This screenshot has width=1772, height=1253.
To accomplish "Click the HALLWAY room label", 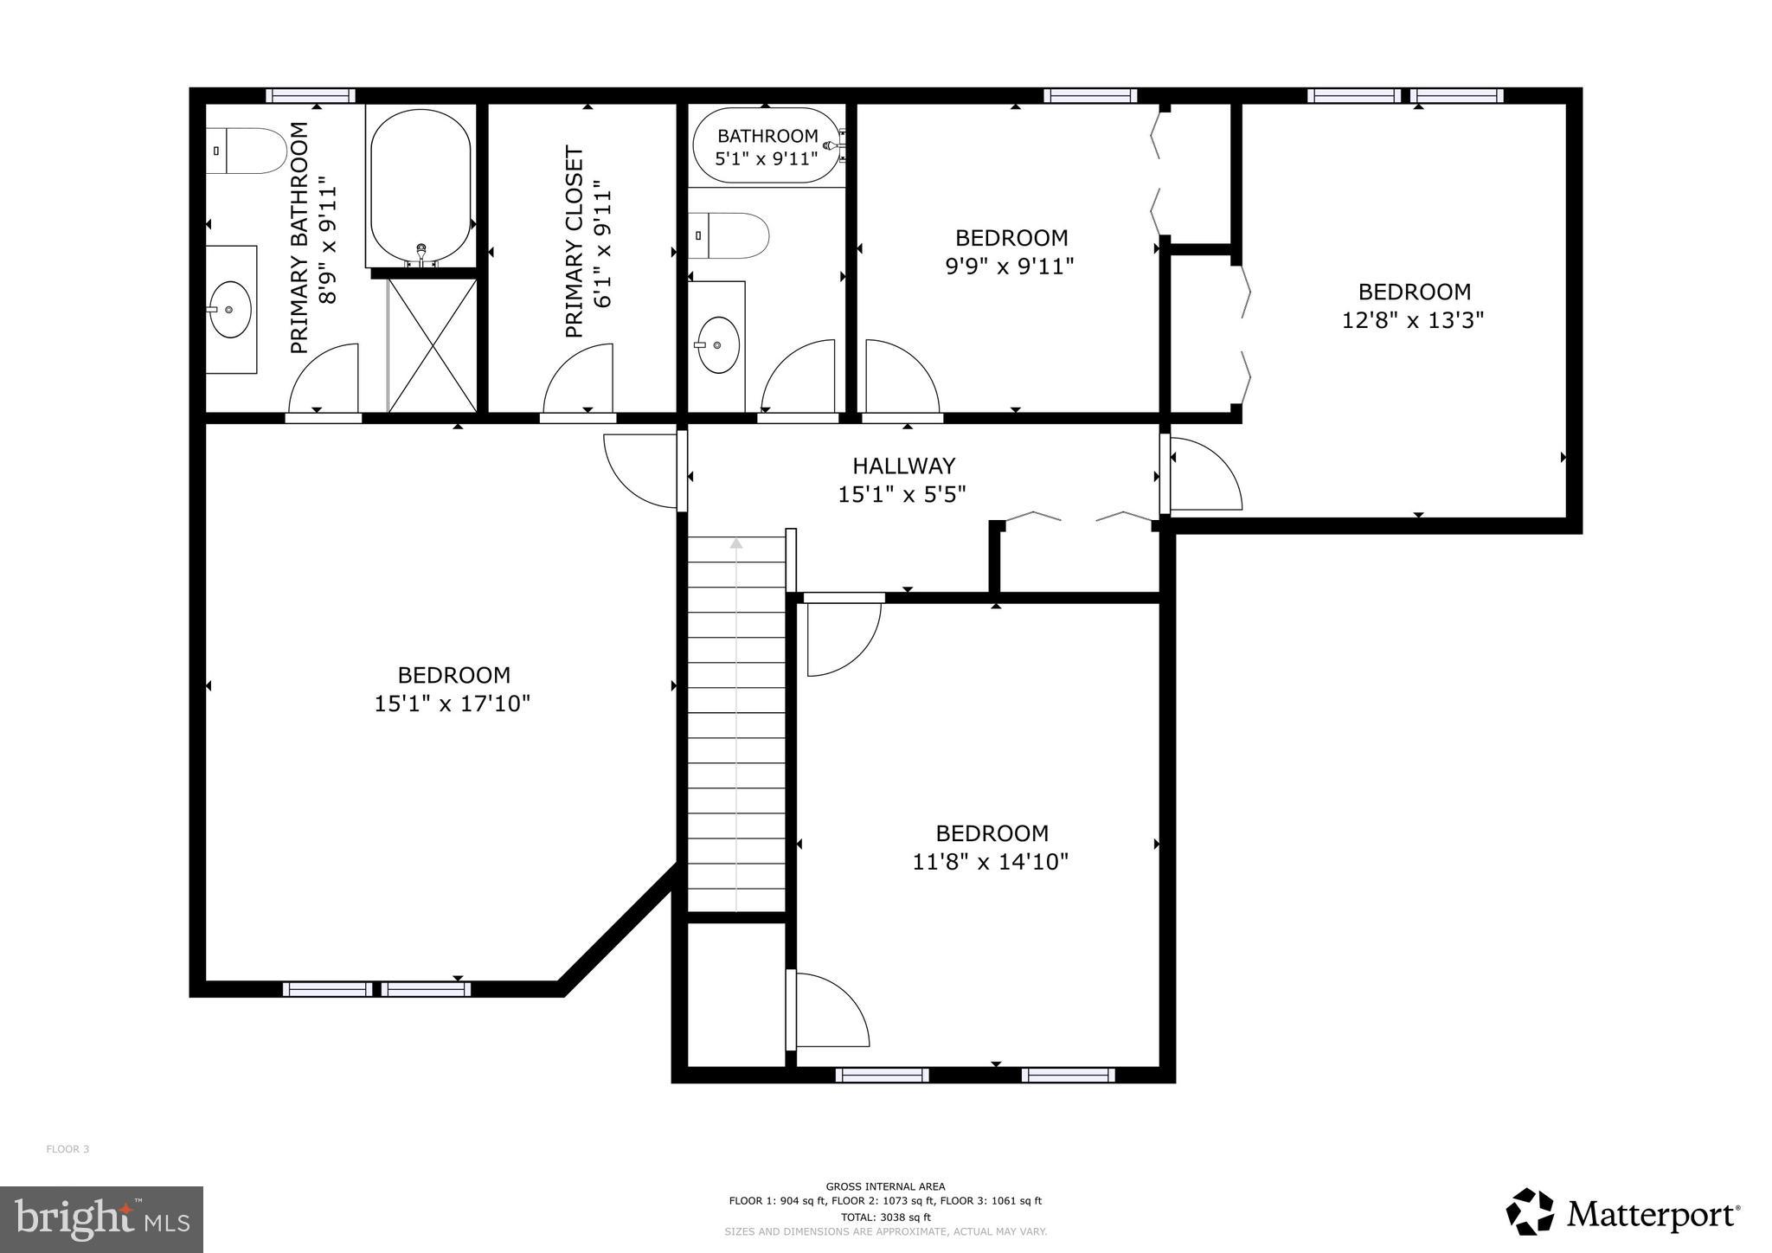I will pos(903,466).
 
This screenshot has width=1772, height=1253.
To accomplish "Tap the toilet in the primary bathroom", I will pos(247,151).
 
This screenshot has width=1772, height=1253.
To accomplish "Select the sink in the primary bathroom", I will pos(230,309).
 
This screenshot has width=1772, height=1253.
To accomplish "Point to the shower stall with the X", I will pos(432,345).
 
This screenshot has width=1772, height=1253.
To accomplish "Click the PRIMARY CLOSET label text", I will pos(575,241).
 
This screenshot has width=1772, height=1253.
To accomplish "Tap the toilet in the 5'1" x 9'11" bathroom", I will pos(731,235).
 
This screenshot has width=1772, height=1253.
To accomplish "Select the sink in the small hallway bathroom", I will pos(718,344).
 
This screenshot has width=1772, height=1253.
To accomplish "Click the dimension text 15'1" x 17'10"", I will pos(452,704).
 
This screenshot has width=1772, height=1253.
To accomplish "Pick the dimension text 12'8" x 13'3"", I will pos(1413,320).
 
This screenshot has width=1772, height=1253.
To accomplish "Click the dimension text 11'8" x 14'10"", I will pos(991,862).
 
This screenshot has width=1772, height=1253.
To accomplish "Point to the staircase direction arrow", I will pos(736,543).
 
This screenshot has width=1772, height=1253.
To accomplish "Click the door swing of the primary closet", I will pos(579,379).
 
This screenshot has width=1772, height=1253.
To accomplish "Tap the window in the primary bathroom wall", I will pos(310,95).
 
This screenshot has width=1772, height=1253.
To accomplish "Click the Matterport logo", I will pos(1622,1213).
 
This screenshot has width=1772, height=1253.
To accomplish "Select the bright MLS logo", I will pos(101,1220).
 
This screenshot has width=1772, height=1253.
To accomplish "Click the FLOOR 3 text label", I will pos(67,1149).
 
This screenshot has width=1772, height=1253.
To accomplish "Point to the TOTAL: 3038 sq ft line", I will pos(885,1217).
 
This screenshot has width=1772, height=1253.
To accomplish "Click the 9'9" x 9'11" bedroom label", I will pos(1011,237).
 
